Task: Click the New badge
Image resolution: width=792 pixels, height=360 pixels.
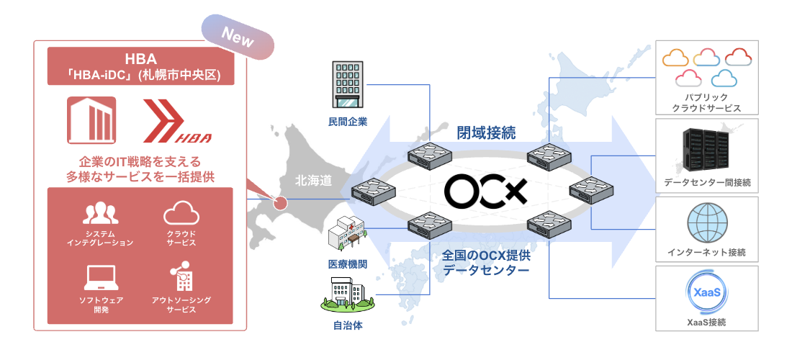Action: click(238, 38)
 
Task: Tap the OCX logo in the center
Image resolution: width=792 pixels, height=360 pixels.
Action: click(485, 190)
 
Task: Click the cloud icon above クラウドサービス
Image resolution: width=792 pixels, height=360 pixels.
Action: click(181, 214)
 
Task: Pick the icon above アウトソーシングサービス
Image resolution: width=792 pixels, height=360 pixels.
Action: click(181, 277)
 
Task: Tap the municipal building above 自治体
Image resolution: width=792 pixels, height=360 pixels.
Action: click(347, 296)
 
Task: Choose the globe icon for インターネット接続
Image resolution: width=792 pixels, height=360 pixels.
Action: click(706, 224)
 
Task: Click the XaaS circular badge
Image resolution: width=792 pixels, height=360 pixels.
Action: click(706, 293)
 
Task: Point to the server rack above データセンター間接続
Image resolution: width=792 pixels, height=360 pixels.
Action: click(706, 150)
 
